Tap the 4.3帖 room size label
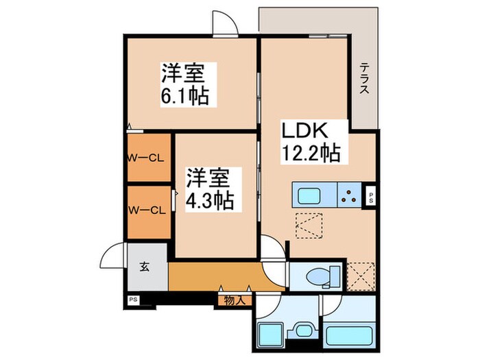(x=210, y=200)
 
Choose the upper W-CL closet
(x=147, y=158)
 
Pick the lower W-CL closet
(x=147, y=211)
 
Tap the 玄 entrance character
(x=147, y=267)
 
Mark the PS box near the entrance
(x=132, y=300)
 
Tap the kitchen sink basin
(x=307, y=194)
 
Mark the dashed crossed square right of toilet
(x=360, y=275)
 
